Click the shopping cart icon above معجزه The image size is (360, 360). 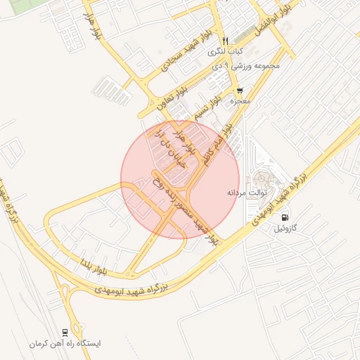(240, 91)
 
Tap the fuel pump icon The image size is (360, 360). (285, 217)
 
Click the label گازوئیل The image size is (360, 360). (285, 229)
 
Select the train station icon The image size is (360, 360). (65, 332)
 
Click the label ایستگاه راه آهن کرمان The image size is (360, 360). (65, 344)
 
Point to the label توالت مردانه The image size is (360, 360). (244, 192)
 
